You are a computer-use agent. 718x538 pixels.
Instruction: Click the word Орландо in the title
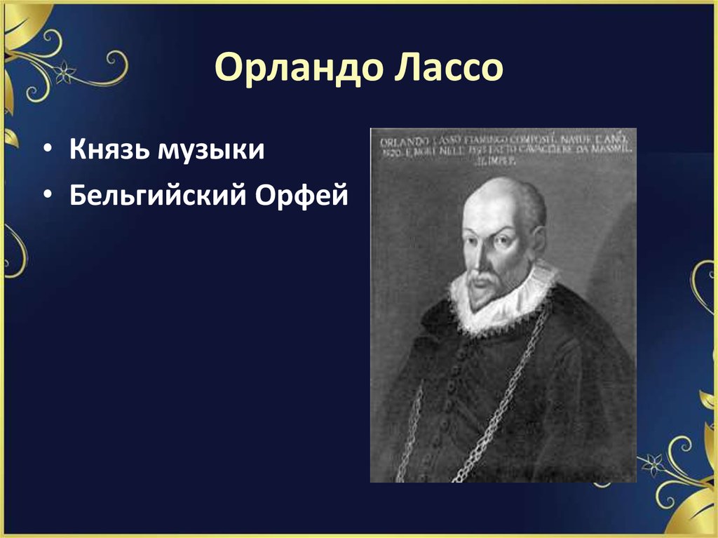[295, 69]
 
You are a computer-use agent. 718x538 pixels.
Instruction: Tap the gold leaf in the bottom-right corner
[694, 516]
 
